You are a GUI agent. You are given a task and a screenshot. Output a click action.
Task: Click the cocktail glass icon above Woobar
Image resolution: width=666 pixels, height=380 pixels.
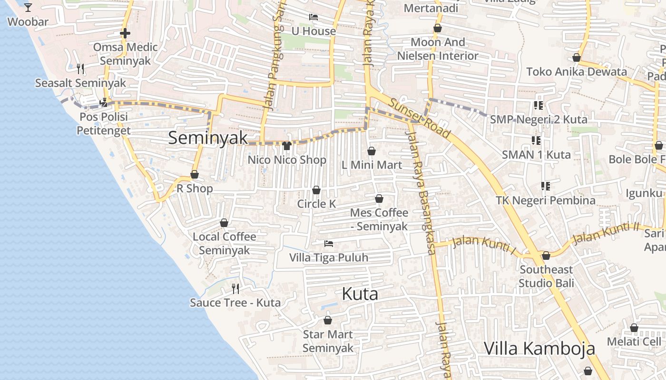28,7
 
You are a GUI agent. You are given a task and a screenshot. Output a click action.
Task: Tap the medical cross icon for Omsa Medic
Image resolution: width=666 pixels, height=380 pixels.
125,33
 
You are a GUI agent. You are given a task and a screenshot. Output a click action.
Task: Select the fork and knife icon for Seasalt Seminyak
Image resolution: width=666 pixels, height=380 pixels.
80,69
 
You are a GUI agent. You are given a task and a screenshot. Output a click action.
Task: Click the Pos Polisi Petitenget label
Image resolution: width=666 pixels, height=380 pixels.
104,123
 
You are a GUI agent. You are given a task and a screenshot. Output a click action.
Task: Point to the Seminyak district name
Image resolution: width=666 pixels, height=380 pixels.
208,138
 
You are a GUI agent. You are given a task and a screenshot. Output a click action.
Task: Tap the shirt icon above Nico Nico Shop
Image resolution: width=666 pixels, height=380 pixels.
286,145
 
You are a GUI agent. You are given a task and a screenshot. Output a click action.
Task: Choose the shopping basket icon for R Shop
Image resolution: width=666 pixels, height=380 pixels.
195,174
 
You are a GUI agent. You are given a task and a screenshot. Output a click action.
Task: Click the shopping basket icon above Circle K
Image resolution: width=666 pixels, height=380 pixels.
316,190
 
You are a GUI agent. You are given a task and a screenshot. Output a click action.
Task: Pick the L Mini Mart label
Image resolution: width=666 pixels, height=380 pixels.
372,165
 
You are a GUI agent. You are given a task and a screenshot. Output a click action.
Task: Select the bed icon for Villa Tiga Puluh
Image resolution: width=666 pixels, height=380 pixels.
328,244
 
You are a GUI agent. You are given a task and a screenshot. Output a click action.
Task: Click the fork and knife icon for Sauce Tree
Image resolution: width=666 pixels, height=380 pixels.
235,288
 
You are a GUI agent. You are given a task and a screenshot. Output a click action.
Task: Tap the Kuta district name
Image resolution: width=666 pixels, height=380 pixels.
360,294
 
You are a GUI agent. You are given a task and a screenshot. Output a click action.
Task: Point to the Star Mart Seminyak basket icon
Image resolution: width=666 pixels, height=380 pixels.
327,320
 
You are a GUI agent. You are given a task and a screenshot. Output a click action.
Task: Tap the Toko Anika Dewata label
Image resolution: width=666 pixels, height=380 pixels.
576,72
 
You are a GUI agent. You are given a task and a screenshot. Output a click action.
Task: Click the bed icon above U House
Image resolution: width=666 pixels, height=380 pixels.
313,17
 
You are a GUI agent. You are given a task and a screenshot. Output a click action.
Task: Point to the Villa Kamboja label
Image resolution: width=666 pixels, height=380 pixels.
539,348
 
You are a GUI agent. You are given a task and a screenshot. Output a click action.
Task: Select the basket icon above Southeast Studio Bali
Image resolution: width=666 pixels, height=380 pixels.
546,256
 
